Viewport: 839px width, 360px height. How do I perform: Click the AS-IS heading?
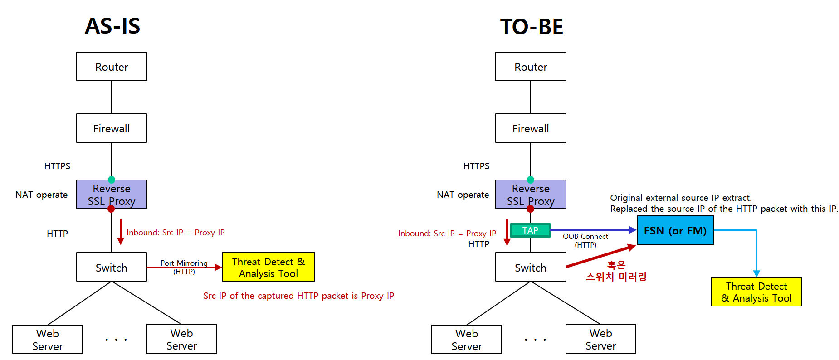click(112, 26)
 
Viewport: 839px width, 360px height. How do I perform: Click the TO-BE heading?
click(532, 27)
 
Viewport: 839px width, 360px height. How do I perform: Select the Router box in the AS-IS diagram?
click(112, 67)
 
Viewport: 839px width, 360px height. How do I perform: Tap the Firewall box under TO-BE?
click(531, 128)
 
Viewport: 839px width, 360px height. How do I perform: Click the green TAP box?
click(530, 230)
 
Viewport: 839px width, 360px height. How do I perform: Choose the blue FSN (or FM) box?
click(675, 230)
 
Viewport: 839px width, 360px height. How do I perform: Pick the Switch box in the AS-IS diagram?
click(112, 267)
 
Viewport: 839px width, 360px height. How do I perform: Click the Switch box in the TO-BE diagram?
click(531, 267)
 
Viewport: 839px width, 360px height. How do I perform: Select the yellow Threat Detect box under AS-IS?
click(268, 267)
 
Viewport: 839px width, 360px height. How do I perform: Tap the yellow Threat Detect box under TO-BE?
click(756, 292)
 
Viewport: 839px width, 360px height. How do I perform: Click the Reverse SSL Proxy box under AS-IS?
click(112, 195)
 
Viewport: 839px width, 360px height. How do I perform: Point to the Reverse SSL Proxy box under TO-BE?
click(531, 195)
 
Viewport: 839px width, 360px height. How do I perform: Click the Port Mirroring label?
click(184, 263)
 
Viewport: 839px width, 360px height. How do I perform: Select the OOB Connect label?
click(585, 236)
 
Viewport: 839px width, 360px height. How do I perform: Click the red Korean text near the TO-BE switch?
click(616, 271)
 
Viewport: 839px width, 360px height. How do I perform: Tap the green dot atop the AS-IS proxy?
click(112, 180)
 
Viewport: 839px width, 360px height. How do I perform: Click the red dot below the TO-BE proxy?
click(531, 209)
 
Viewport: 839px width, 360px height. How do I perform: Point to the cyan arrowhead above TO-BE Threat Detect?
click(756, 274)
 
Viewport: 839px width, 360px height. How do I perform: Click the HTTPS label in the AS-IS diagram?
click(57, 166)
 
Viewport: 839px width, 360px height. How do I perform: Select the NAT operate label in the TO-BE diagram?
click(463, 195)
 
